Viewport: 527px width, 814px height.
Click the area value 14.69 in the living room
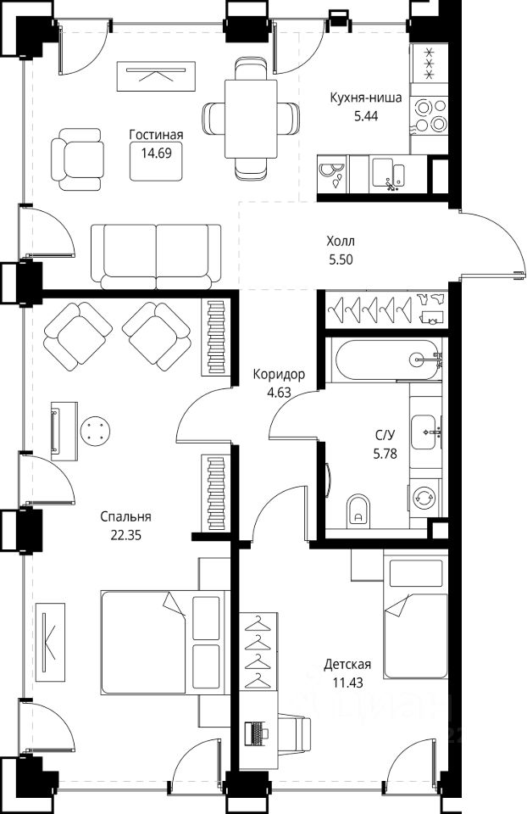tap(156, 153)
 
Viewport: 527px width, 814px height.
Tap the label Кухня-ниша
tap(366, 98)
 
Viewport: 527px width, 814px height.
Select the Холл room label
tap(341, 242)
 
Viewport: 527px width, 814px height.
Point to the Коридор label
tap(279, 374)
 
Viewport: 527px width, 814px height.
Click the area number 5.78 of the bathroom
tap(385, 454)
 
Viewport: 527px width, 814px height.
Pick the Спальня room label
tap(125, 517)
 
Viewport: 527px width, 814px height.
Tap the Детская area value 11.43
tap(347, 683)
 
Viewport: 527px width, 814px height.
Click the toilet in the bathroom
tap(358, 510)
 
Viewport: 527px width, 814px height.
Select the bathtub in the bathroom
tap(389, 360)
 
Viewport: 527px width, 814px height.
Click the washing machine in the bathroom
tap(424, 497)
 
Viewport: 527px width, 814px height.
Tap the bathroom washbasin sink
tap(425, 432)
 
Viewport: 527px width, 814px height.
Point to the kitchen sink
tap(389, 172)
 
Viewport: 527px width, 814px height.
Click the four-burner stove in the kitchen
tap(429, 115)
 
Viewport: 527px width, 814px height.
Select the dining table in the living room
tap(252, 118)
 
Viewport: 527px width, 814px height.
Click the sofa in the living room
tap(156, 256)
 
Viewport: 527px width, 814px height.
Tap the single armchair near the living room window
tap(77, 159)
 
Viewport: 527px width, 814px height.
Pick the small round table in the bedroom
tap(96, 431)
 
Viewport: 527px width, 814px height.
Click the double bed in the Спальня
tap(165, 642)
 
